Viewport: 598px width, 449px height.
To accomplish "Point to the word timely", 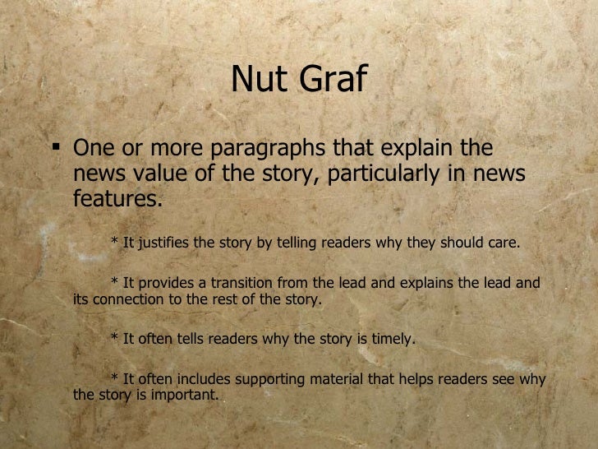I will (389, 338).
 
